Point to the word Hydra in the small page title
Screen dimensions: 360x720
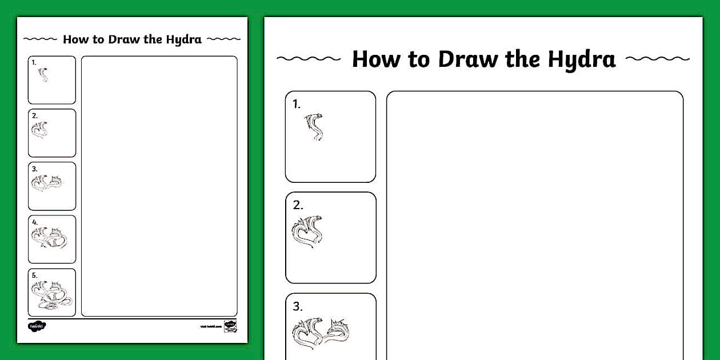183,39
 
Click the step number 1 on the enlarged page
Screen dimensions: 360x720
296,104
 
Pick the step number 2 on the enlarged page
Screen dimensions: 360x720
298,205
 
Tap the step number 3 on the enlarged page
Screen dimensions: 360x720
298,306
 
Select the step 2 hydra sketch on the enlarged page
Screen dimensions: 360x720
307,231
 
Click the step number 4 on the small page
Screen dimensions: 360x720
35,222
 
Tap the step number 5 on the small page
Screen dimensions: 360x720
35,275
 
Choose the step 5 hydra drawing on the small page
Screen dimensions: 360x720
51,295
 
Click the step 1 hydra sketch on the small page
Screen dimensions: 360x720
43,74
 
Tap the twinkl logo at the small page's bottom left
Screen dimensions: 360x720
37,326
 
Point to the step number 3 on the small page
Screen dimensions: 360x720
35,169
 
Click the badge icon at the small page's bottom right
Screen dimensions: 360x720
230,325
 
